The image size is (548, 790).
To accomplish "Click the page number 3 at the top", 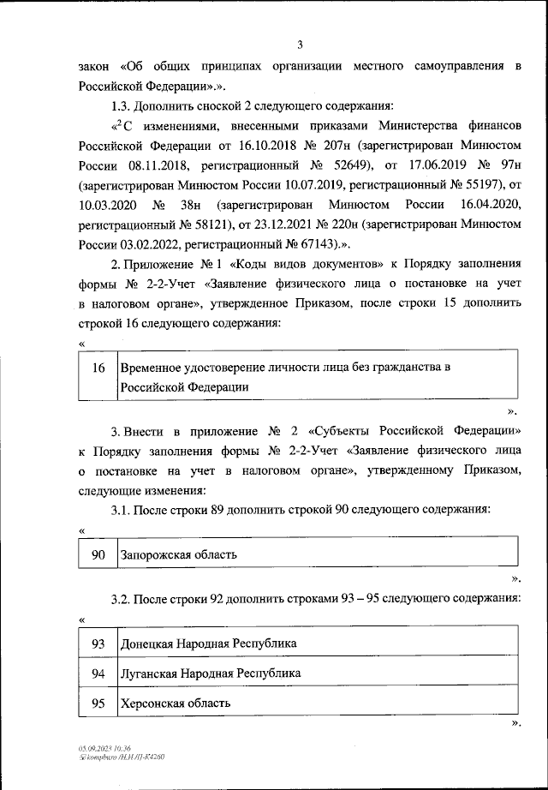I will click(x=300, y=45).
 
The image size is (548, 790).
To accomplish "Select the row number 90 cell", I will click(x=98, y=554).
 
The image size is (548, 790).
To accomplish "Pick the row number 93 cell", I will click(x=98, y=643).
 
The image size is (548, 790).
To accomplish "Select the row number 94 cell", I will click(x=98, y=673).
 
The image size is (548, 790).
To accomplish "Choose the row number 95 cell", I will click(x=98, y=703).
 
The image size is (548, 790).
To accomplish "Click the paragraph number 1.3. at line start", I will click(x=125, y=106).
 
